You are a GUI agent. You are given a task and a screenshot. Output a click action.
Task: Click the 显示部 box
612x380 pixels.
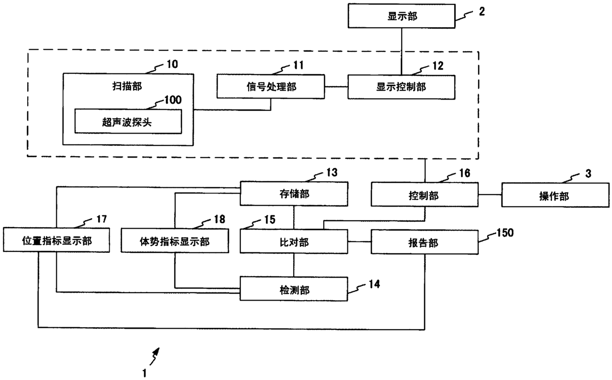pos(401,16)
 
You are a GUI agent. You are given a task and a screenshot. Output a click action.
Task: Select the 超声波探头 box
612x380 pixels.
pos(128,121)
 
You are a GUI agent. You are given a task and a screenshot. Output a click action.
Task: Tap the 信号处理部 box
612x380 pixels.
pos(271,86)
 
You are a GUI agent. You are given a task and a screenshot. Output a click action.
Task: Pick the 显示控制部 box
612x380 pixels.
pos(401,87)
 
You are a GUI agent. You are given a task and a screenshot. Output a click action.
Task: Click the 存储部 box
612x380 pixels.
pos(294,194)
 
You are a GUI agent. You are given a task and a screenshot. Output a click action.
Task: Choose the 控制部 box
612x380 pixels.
pos(424,195)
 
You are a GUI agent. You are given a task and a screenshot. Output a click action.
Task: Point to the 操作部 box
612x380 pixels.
pos(555,195)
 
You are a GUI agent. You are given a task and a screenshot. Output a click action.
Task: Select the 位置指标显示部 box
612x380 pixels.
pos(56,240)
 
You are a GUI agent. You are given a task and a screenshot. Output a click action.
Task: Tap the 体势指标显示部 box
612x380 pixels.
pos(175,241)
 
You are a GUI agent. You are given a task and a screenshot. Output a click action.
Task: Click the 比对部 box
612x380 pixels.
pos(294,242)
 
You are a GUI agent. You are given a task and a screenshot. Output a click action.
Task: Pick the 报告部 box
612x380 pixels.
pos(424,242)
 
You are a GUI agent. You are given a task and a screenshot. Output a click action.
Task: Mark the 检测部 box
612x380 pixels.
pos(294,289)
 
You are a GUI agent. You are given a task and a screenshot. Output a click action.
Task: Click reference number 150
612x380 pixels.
pos(505,233)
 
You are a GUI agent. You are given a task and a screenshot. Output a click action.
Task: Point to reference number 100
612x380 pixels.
pos(173,100)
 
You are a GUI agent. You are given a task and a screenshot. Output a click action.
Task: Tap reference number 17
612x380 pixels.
pos(101,219)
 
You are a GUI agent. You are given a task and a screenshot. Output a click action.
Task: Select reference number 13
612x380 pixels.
pos(332,173)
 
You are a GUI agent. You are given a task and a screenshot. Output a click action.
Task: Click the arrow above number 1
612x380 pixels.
pos(154,356)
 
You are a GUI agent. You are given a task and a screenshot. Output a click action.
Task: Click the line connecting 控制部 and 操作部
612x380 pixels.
pos(490,195)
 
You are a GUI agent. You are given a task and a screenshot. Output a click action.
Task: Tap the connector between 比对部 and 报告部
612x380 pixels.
pos(359,242)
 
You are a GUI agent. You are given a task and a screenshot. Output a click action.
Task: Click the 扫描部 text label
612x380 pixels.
pos(127,86)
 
